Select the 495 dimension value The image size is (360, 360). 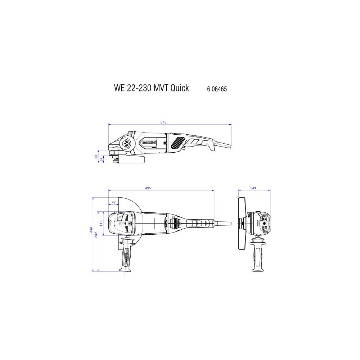148,188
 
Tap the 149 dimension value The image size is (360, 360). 253,188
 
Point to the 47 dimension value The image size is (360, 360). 114,202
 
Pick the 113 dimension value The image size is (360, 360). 101,224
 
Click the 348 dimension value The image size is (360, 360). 91,230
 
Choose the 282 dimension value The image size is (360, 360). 96,235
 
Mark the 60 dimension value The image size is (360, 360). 96,157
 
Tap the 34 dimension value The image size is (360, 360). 101,159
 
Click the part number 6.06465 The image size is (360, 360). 217,89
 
